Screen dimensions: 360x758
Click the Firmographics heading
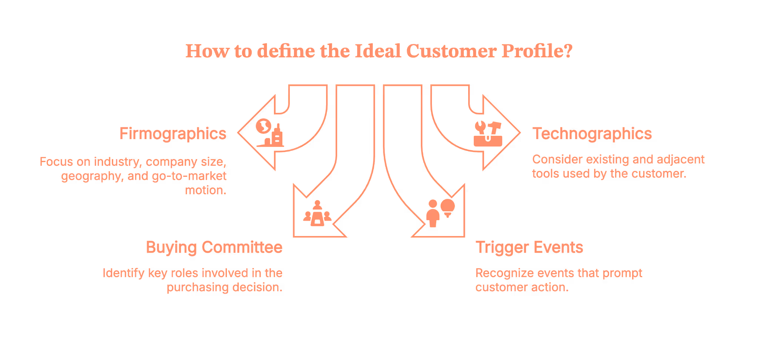coord(172,134)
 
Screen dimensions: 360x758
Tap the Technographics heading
coord(592,134)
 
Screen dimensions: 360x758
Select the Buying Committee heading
coord(214,248)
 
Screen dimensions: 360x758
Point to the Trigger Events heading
coord(529,248)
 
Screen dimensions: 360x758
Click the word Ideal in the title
coord(378,51)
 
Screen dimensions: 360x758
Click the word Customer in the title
coord(451,51)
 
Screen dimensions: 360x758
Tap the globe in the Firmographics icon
coord(263,126)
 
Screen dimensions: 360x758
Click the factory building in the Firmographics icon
coord(276,136)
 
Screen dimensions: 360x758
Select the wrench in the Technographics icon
coord(480,127)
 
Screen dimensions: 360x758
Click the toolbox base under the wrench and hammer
coord(488,141)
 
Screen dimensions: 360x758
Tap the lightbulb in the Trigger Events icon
coord(447,208)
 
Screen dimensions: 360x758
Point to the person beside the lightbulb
coord(433,213)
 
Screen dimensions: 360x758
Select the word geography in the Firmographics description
coord(91,176)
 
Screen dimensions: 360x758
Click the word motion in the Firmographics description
coord(205,190)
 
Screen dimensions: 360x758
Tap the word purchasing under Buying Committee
coord(197,287)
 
